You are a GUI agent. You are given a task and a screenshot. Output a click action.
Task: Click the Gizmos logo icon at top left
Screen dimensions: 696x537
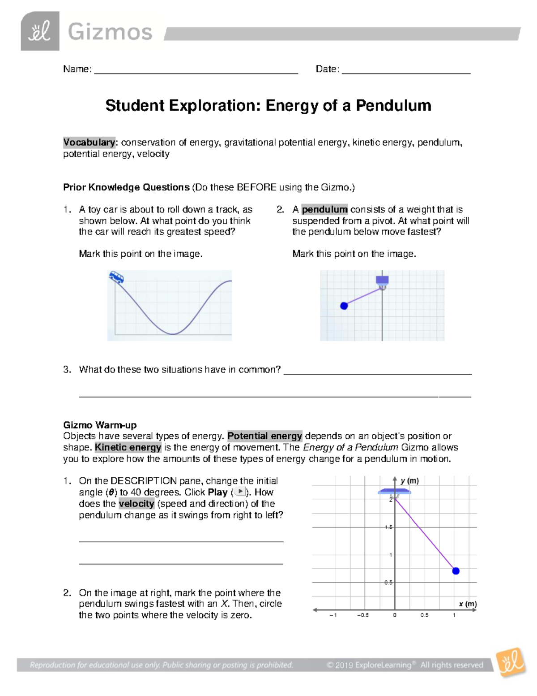(40, 31)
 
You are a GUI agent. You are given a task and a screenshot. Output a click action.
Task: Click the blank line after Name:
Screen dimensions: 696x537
(196, 71)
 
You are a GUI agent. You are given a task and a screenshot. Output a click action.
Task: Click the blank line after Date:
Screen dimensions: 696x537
(405, 71)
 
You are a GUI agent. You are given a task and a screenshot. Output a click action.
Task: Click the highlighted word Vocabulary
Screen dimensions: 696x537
(89, 143)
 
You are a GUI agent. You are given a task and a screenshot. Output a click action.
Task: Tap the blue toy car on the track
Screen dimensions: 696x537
(116, 277)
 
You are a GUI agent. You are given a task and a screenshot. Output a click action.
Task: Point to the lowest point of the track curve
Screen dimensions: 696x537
(173, 334)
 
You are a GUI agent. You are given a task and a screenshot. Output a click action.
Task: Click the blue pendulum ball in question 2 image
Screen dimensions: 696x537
(344, 306)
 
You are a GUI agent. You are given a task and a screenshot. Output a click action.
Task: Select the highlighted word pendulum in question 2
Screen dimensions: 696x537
(324, 209)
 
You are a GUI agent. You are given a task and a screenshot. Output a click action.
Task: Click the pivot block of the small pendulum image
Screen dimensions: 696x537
(382, 280)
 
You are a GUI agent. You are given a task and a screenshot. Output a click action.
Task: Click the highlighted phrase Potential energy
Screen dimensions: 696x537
(264, 436)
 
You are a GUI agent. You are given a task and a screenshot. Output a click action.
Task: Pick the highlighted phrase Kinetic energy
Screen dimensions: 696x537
(128, 447)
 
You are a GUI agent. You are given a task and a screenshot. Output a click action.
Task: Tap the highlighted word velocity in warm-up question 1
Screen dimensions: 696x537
(136, 504)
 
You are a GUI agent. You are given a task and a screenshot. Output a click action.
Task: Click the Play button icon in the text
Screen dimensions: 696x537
(240, 492)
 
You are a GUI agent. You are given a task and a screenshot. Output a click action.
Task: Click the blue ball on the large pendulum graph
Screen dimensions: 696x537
(456, 571)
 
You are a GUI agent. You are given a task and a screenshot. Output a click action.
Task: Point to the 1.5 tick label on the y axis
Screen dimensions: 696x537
(388, 527)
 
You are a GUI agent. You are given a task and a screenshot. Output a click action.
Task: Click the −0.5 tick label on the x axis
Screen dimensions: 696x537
(363, 615)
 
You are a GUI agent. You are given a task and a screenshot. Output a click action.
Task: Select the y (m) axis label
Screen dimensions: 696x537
(409, 481)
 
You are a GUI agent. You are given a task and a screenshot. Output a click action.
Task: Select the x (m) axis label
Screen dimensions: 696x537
(468, 604)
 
